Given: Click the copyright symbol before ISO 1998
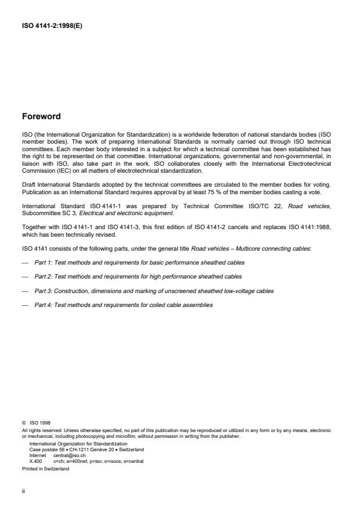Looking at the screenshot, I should click(x=24, y=423).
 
